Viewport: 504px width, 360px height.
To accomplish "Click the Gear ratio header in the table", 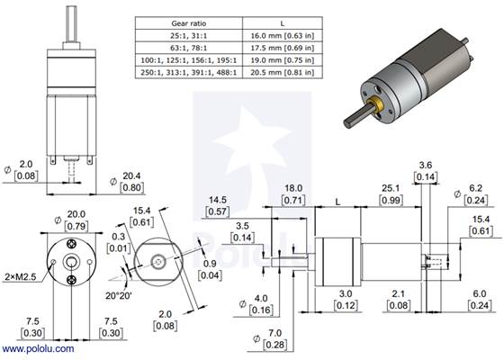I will [x=190, y=22].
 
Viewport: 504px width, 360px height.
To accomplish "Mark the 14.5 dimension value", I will [x=218, y=200].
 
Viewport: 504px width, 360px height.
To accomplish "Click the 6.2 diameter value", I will [x=476, y=188].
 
